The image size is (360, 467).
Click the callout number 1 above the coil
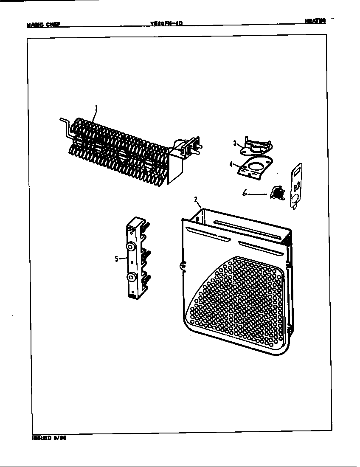[96, 108]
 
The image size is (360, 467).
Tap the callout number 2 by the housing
[195, 199]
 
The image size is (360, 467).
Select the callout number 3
[235, 143]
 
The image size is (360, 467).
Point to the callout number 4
[231, 164]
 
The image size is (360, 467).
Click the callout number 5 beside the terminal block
[116, 259]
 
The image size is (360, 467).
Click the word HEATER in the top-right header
[315, 21]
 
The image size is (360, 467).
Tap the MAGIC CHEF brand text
[43, 24]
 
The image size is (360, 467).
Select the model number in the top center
[166, 24]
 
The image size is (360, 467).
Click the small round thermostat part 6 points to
[278, 194]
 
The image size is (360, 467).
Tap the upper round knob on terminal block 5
[131, 247]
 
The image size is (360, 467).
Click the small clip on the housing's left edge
[183, 267]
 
